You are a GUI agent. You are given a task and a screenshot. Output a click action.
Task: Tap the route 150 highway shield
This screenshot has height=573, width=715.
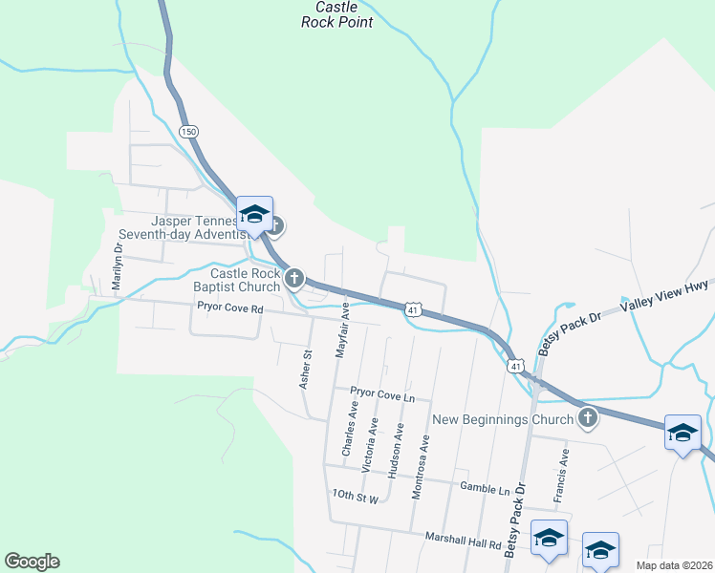[189, 131]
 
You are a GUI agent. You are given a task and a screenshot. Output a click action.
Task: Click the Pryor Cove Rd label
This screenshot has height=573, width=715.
[229, 308]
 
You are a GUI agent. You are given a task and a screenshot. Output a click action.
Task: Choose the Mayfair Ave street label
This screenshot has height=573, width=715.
[340, 330]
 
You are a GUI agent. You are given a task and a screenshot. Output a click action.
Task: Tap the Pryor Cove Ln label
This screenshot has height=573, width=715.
[382, 393]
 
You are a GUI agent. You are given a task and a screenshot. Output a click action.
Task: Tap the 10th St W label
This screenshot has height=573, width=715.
[357, 496]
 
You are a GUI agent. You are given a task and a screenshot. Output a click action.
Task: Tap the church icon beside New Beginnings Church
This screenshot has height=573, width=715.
[588, 417]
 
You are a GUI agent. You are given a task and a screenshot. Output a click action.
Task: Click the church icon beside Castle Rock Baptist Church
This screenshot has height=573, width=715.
[294, 279]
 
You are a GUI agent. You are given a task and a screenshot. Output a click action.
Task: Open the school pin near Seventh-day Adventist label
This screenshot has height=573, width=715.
[255, 215]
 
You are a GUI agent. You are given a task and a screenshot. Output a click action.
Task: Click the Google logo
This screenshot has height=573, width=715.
[32, 562]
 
